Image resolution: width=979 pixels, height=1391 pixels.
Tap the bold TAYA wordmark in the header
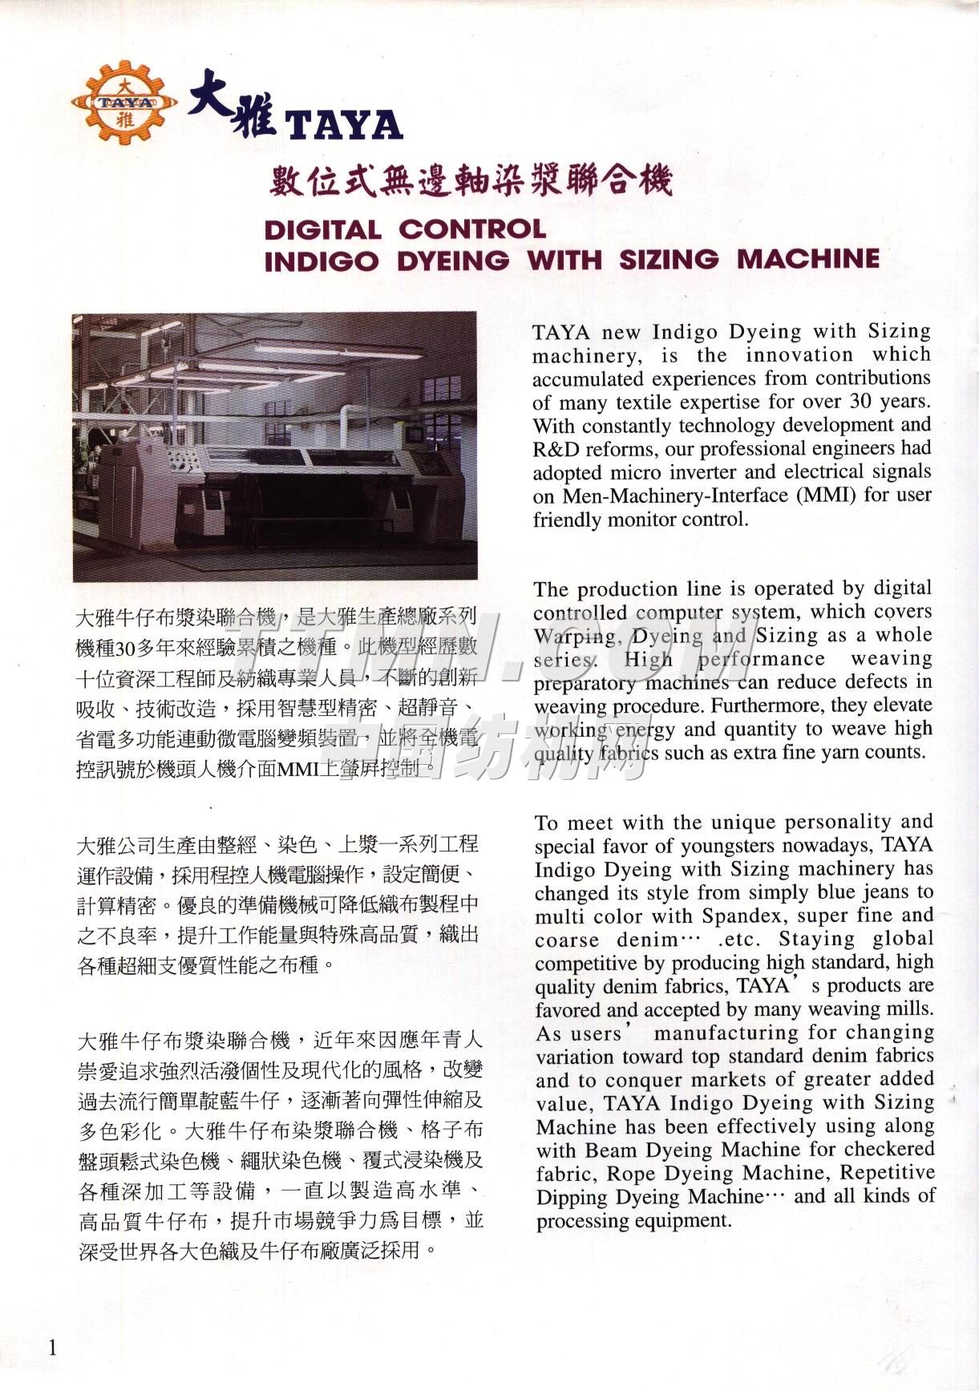[x=344, y=125]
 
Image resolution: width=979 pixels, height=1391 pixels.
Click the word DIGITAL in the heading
[x=322, y=230]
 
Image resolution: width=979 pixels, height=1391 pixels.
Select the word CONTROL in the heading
[x=472, y=229]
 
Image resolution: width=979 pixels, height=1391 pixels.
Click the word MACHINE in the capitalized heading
[x=808, y=260]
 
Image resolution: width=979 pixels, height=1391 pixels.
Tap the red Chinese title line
[x=469, y=182]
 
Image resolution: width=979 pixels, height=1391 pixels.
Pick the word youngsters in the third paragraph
[x=731, y=847]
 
